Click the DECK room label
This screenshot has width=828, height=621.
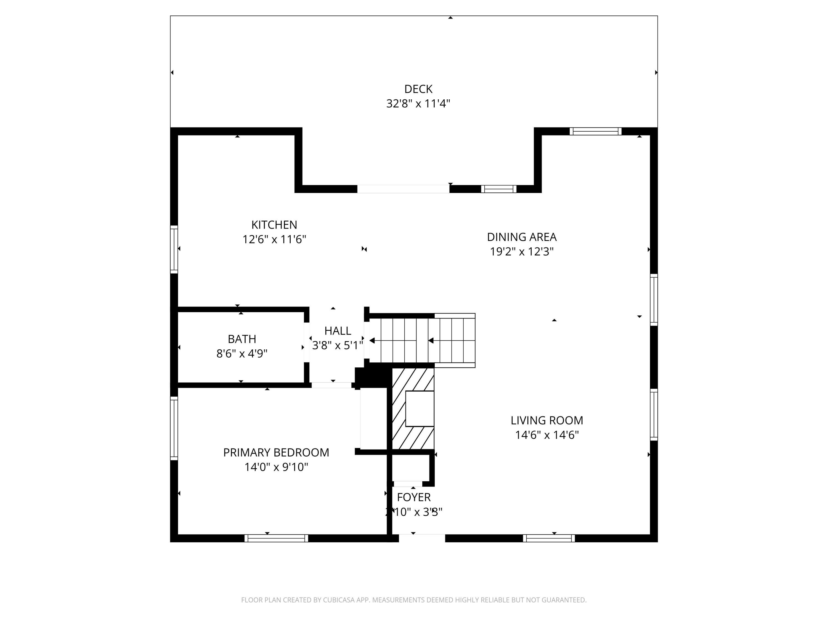pyautogui.click(x=418, y=89)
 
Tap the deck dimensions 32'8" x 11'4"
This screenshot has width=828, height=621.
pyautogui.click(x=418, y=104)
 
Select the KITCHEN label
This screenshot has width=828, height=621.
pyautogui.click(x=274, y=225)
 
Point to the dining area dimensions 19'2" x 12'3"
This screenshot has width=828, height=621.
pyautogui.click(x=521, y=251)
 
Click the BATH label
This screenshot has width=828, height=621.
pyautogui.click(x=242, y=339)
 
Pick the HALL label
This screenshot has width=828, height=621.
pyautogui.click(x=337, y=331)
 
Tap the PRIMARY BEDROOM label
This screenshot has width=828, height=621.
pyautogui.click(x=276, y=453)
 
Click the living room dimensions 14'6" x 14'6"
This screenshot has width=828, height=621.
pyautogui.click(x=546, y=435)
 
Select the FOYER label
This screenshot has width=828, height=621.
pyautogui.click(x=414, y=497)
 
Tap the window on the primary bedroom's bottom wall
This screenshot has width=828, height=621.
pyautogui.click(x=276, y=538)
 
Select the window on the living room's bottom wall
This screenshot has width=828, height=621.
pyautogui.click(x=549, y=538)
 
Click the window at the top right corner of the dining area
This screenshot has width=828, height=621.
pyautogui.click(x=595, y=131)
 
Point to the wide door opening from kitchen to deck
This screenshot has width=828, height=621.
pyautogui.click(x=403, y=189)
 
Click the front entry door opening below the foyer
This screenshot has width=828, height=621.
pyautogui.click(x=422, y=538)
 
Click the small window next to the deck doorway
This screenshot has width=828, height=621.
pyautogui.click(x=499, y=189)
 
